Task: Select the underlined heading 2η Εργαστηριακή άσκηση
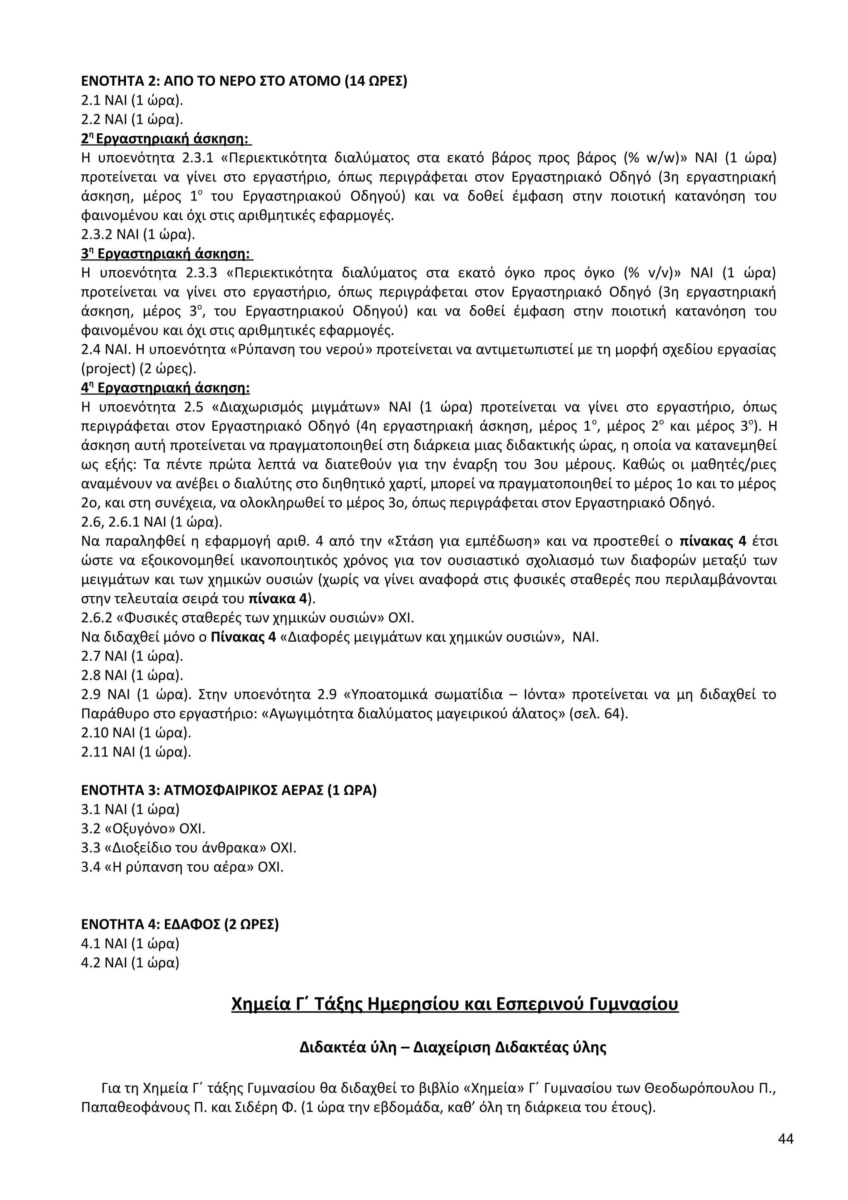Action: click(x=166, y=139)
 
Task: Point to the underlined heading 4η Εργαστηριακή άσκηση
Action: click(x=166, y=388)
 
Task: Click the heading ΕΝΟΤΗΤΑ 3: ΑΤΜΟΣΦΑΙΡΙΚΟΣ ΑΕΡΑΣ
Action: click(x=229, y=790)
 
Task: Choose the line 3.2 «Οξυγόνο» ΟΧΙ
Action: click(x=143, y=829)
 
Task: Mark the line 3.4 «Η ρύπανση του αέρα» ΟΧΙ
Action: click(x=182, y=867)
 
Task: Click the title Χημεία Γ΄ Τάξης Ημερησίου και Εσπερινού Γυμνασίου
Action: click(x=455, y=1004)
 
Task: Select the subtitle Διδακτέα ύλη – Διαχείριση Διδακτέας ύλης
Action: click(x=453, y=1047)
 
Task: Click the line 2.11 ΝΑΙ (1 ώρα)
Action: click(x=136, y=752)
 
